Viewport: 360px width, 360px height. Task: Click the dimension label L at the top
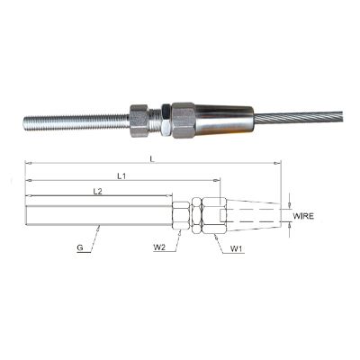pos(152,159)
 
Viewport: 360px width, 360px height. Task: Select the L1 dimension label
pos(121,176)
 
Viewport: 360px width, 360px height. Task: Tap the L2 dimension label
pos(97,192)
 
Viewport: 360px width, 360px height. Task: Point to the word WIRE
pos(303,216)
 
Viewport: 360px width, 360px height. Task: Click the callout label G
pos(80,248)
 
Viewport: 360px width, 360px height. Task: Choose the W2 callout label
pos(158,247)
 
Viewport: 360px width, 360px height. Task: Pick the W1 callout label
pos(236,248)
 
